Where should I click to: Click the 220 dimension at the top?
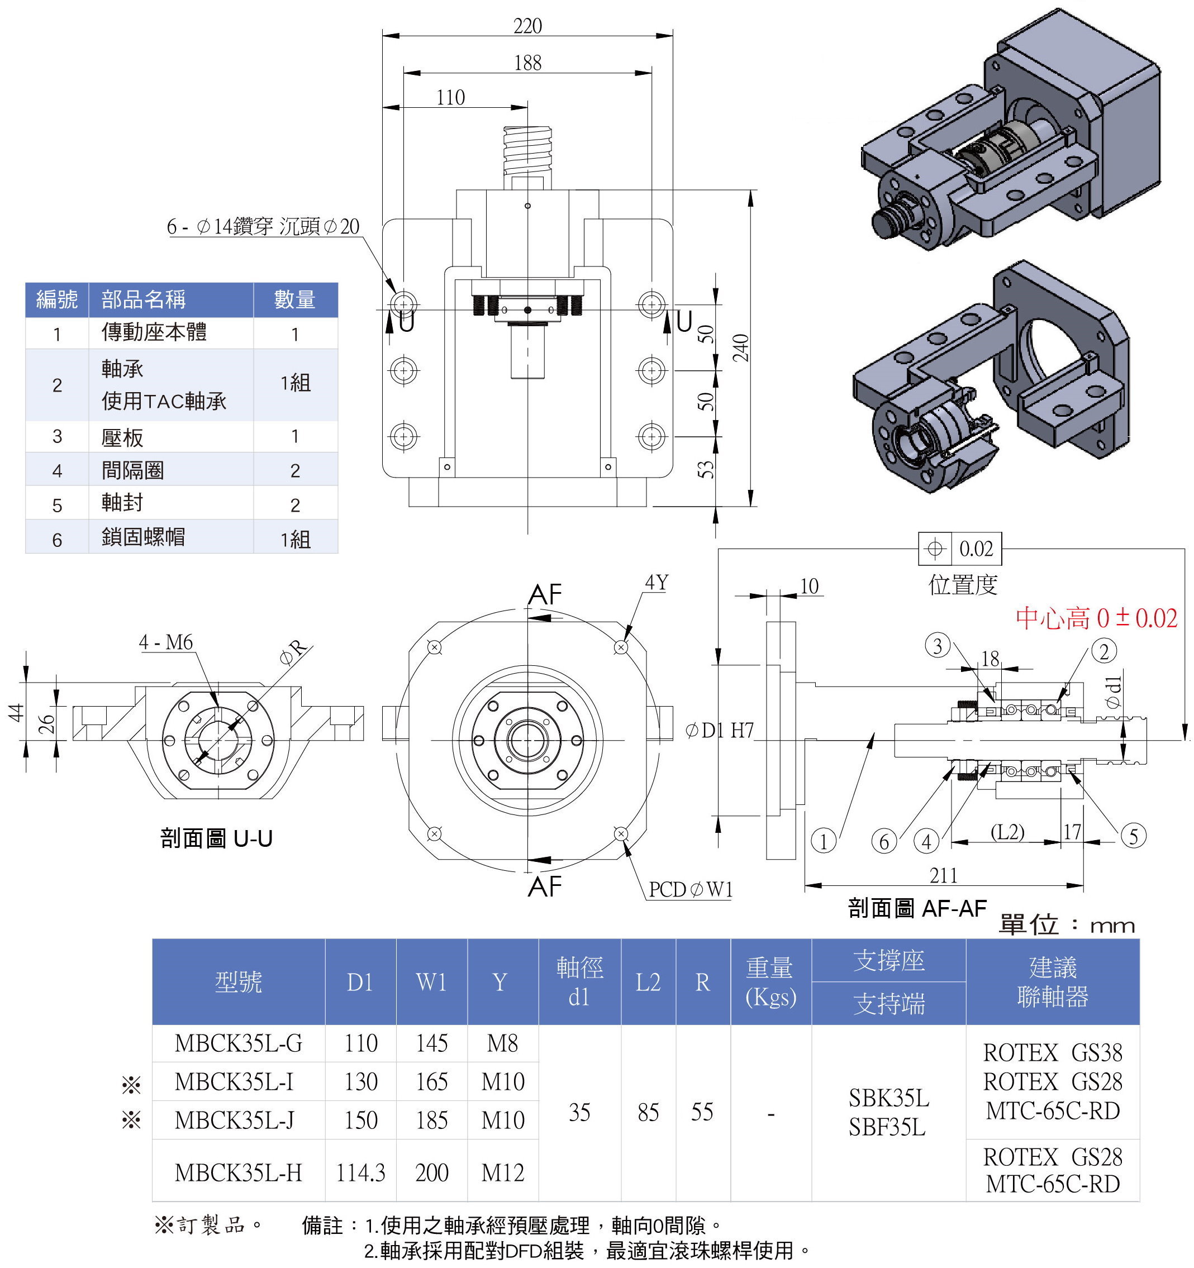point(527,26)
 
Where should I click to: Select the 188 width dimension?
point(527,63)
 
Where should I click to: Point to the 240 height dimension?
point(740,347)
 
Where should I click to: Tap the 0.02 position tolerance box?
point(960,549)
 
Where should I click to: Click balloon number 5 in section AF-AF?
point(1134,836)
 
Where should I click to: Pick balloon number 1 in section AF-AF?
point(824,841)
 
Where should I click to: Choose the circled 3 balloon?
point(937,646)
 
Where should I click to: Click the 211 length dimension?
point(943,876)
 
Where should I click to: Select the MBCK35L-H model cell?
point(238,1172)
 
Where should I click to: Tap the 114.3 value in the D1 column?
point(360,1172)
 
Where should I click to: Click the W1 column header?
point(431,982)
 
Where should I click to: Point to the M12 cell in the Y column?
point(503,1172)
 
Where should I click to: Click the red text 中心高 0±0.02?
point(1096,618)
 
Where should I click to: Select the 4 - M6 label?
point(166,642)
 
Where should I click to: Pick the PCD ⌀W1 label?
point(691,889)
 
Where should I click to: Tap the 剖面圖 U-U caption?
point(216,838)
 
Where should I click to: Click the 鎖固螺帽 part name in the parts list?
point(143,537)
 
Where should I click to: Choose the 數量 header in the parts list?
point(294,300)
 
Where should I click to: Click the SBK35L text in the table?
point(888,1098)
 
